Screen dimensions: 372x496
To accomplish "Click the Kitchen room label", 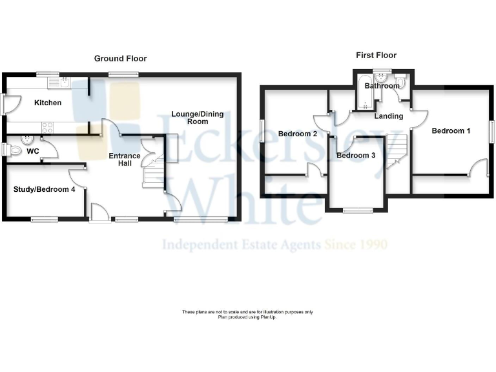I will (x=48, y=103).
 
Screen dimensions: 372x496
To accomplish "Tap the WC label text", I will (x=33, y=152).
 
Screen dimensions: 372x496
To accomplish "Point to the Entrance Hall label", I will (x=125, y=160).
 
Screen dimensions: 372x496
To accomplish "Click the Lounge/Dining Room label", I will (x=198, y=118).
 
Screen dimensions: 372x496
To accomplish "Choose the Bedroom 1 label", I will (x=451, y=130).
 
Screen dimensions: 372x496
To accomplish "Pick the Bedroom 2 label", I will (x=297, y=134).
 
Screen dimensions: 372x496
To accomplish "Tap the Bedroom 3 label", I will (x=356, y=156).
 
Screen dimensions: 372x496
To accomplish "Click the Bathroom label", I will (x=382, y=85).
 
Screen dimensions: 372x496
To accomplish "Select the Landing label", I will (x=388, y=116).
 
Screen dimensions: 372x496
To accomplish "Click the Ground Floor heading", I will (x=120, y=58).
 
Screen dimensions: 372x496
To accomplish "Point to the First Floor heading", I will (x=376, y=56).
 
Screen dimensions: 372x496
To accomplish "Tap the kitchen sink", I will (x=67, y=83).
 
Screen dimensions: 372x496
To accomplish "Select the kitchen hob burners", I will (x=47, y=127).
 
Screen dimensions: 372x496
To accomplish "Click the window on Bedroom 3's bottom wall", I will (x=357, y=210).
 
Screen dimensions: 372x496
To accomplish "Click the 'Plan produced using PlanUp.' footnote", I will (x=247, y=317).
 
